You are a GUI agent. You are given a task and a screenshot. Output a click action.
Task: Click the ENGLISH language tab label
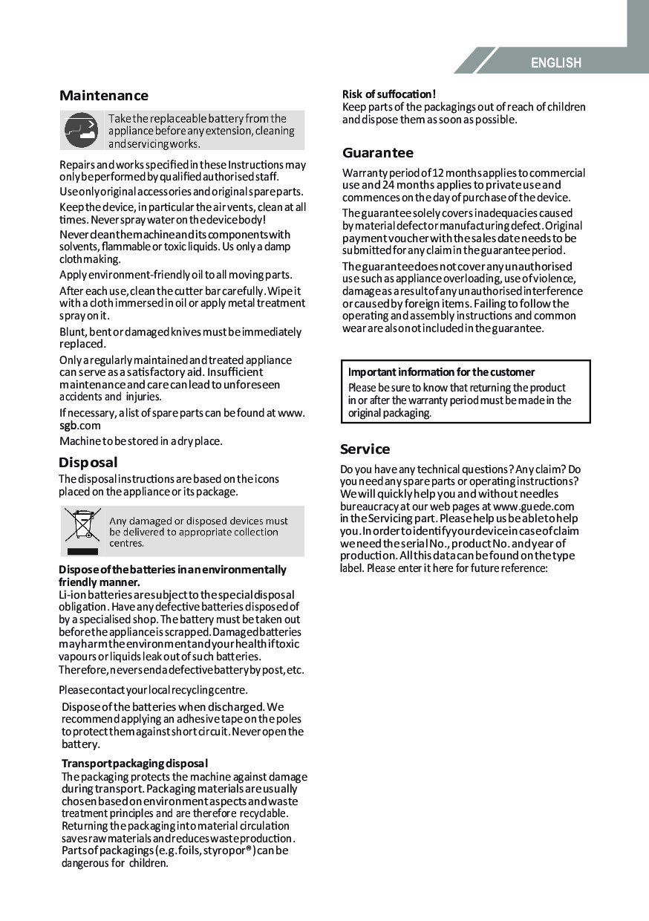coord(555,63)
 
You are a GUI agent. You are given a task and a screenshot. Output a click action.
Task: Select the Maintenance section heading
coord(104,96)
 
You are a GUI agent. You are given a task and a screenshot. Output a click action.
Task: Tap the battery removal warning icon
coord(80,131)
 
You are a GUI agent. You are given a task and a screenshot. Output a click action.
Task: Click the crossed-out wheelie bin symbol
coord(82,525)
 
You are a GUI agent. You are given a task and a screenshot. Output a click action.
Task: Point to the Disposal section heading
coord(88,463)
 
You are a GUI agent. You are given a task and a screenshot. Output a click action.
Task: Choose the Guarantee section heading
coord(378,153)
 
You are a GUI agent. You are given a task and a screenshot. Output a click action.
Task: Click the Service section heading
coord(365,449)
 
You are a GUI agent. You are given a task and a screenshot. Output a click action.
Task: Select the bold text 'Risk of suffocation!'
coord(389,94)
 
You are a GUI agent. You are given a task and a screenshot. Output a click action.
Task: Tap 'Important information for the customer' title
coord(442,372)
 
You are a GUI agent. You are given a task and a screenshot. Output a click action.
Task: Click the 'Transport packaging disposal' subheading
coord(134,764)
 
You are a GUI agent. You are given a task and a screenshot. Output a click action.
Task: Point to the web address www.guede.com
coord(534,507)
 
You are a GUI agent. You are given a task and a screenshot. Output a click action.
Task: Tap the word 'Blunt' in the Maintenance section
coord(73,332)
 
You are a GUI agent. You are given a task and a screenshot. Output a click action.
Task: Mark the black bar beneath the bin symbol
coord(82,551)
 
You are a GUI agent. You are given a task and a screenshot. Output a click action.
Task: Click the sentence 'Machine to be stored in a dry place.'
coord(141,441)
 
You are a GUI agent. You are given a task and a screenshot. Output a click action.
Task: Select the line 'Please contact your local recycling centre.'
coord(154,690)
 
